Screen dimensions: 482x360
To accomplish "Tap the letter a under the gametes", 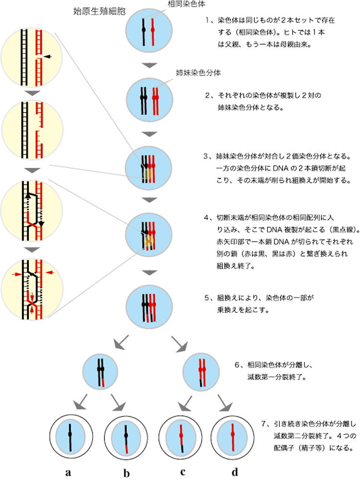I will pyautogui.click(x=69, y=459).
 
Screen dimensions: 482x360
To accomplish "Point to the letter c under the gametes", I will pyautogui.click(x=183, y=459).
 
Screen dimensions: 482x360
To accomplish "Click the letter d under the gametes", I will pyautogui.click(x=235, y=459).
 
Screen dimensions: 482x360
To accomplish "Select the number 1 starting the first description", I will pyautogui.click(x=208, y=22).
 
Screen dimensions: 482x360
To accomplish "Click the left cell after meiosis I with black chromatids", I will pyautogui.click(x=101, y=370).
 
